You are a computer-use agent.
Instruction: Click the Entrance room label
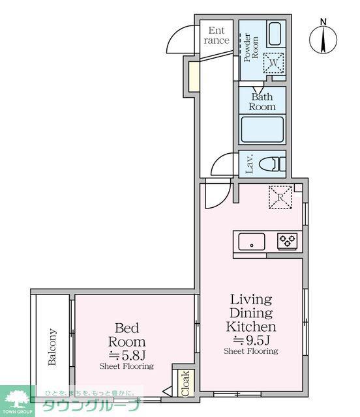pos(217,35)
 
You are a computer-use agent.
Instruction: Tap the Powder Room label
pos(251,48)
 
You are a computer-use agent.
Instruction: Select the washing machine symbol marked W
pos(273,63)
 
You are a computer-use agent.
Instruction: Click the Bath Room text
pos(262,102)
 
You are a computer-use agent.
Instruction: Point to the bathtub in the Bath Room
pos(262,130)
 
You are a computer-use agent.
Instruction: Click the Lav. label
pos(250,164)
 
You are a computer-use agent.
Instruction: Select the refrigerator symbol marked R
pos(280,197)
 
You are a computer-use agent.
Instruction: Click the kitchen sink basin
pos(251,242)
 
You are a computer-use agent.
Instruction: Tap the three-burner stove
pos(287,241)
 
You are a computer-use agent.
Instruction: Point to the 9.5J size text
pos(252,339)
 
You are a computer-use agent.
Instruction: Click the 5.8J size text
pos(127,355)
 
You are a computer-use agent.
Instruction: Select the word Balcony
pos(52,347)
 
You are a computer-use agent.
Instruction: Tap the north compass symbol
pos(323,37)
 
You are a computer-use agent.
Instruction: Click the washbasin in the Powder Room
pos(275,34)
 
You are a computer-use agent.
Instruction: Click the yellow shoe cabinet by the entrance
pos(194,76)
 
